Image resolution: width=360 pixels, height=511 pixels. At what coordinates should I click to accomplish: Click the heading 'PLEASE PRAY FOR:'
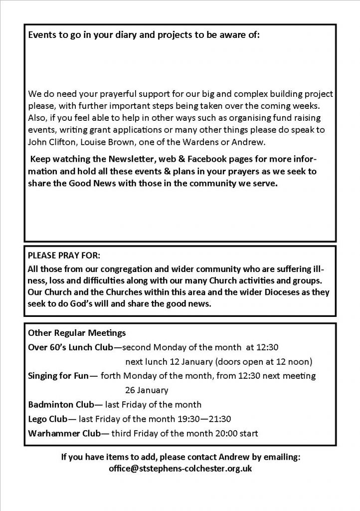click(x=64, y=256)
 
